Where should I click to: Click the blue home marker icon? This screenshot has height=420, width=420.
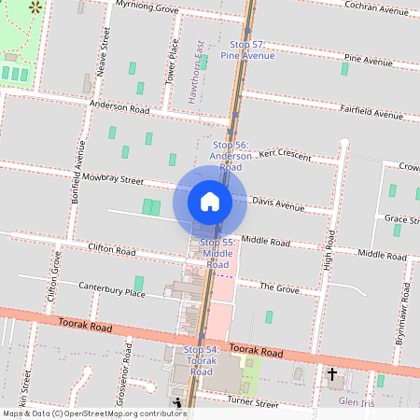210,201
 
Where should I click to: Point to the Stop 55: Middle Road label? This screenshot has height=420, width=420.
217,253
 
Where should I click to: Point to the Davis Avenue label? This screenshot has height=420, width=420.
278,204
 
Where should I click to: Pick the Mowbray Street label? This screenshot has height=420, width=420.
112,177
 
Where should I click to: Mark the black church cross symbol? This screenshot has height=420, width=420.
331,374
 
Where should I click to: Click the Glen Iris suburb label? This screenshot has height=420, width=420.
357,401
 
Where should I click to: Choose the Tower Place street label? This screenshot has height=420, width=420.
171,62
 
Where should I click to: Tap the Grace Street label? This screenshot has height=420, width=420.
401,218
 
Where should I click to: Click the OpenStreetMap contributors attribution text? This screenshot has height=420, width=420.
93,413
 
